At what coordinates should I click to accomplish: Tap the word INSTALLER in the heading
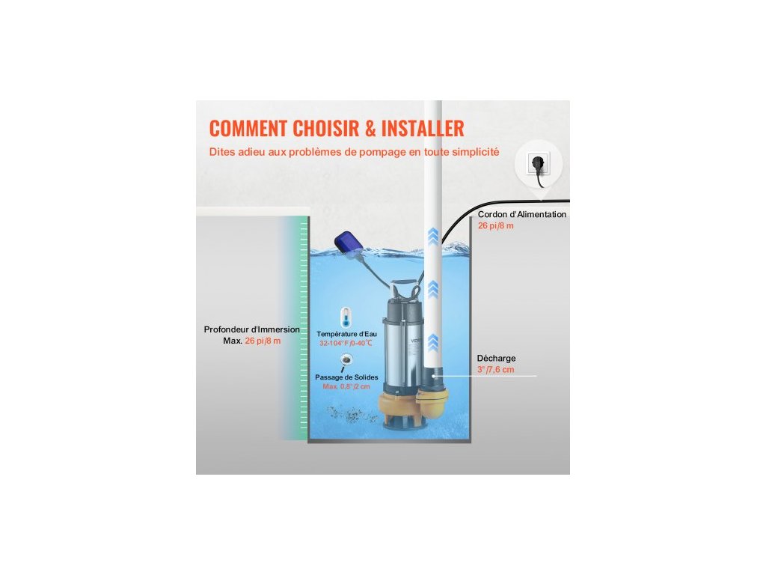click(423, 128)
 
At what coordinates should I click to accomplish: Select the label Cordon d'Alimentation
click(522, 214)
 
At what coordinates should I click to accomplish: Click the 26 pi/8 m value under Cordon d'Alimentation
click(496, 225)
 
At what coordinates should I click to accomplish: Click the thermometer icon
click(344, 315)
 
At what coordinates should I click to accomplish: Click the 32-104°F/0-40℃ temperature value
click(346, 343)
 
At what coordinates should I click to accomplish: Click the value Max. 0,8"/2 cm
click(346, 386)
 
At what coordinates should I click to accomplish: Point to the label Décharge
click(496, 358)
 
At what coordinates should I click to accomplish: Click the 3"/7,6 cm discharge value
click(496, 370)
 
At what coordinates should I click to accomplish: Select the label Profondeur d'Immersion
click(252, 329)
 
